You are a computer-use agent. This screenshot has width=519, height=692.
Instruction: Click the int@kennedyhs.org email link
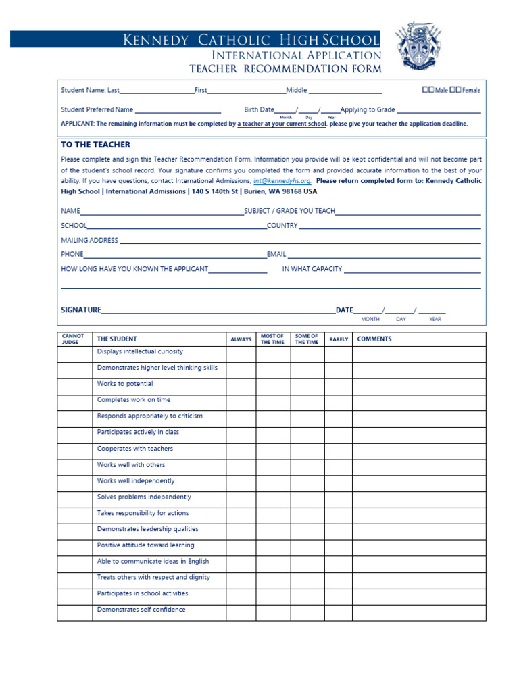(x=282, y=181)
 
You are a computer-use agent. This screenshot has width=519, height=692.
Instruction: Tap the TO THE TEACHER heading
(x=95, y=145)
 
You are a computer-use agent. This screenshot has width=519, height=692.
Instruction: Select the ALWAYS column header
(x=241, y=339)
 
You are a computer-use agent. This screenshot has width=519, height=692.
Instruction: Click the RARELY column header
(x=339, y=339)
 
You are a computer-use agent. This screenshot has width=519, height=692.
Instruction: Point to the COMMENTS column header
(x=374, y=339)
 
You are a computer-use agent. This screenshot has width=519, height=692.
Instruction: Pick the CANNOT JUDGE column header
(x=73, y=339)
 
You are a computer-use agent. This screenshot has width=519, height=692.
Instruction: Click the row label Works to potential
(x=125, y=384)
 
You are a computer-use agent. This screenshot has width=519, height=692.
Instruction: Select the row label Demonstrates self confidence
(x=141, y=610)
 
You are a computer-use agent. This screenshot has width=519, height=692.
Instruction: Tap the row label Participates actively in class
(x=138, y=432)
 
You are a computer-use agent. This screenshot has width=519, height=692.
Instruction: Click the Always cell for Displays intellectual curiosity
(x=241, y=354)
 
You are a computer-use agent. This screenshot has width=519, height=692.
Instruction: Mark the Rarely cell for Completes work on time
(x=338, y=403)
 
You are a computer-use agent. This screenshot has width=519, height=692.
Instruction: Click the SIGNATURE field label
(x=81, y=310)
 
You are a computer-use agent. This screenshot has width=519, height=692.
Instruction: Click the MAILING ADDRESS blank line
(x=300, y=242)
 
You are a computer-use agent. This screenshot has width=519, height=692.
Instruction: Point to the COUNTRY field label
(x=282, y=226)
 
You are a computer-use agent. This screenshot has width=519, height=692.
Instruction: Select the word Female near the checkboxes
(x=472, y=90)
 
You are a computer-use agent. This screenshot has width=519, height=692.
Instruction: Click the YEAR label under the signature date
(x=435, y=319)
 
